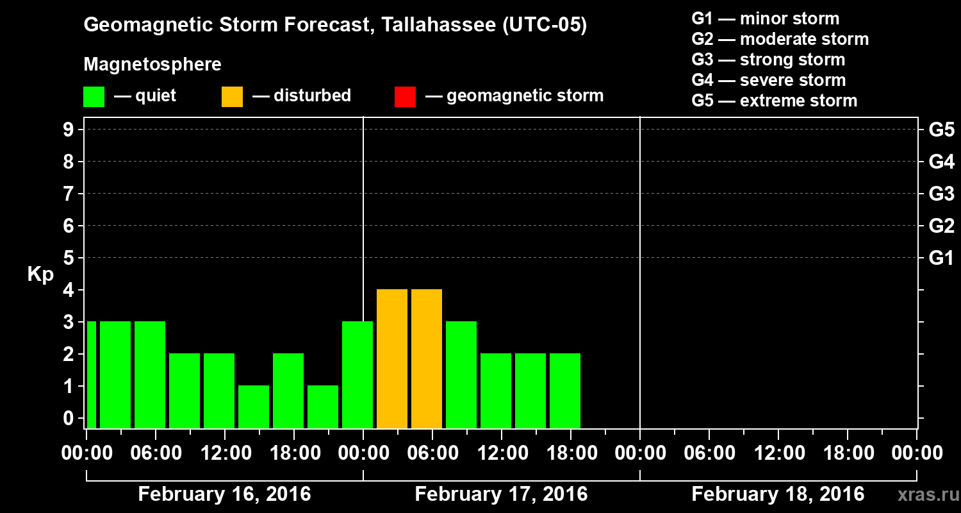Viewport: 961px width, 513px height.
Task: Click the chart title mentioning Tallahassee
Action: (x=335, y=26)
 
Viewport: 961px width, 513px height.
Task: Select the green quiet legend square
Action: (x=94, y=97)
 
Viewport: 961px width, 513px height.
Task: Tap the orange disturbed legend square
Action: (x=232, y=97)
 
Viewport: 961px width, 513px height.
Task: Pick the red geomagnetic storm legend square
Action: (x=405, y=97)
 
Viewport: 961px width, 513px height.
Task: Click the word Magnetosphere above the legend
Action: (x=152, y=65)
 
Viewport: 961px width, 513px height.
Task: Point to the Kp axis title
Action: (x=40, y=274)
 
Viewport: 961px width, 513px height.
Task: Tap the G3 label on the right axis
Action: (x=941, y=194)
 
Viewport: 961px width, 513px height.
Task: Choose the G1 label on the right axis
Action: (x=941, y=258)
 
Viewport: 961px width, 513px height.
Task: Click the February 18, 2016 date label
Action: (x=778, y=494)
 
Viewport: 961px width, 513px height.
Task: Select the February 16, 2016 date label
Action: (x=224, y=494)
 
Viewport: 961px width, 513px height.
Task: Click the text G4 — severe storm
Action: (x=769, y=80)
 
